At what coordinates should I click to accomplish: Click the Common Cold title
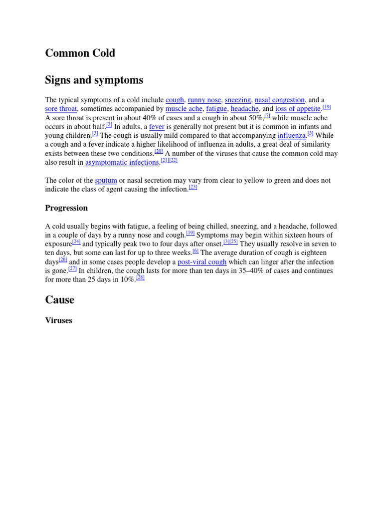click(80, 53)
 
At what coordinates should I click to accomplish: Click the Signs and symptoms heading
click(94, 80)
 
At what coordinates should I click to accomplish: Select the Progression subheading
click(66, 208)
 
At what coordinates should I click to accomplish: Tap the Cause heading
click(59, 299)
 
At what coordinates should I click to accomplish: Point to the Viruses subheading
click(58, 320)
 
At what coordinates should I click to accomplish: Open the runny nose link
click(204, 100)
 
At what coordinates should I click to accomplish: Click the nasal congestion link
click(280, 100)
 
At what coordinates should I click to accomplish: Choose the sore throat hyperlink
click(61, 109)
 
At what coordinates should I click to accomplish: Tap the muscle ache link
click(184, 109)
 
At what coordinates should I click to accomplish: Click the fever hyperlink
click(157, 127)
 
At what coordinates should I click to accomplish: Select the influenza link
click(292, 136)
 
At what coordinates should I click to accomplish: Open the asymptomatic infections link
click(122, 163)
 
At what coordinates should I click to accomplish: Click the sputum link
click(106, 181)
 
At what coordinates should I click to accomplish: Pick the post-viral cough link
click(202, 262)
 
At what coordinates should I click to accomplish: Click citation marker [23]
click(193, 187)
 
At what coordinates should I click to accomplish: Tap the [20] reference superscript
click(159, 151)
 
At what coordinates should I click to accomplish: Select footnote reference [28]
click(140, 277)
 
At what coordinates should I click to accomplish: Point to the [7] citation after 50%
click(267, 115)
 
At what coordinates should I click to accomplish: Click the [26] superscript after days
click(63, 259)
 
